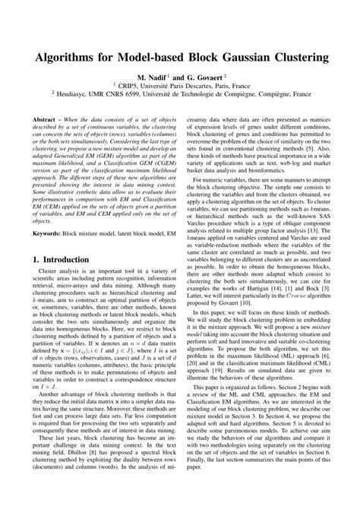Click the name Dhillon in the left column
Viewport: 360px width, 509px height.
pos(79,470)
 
